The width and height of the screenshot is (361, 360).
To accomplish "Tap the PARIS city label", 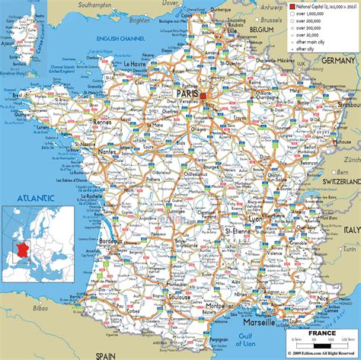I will (x=187, y=94).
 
